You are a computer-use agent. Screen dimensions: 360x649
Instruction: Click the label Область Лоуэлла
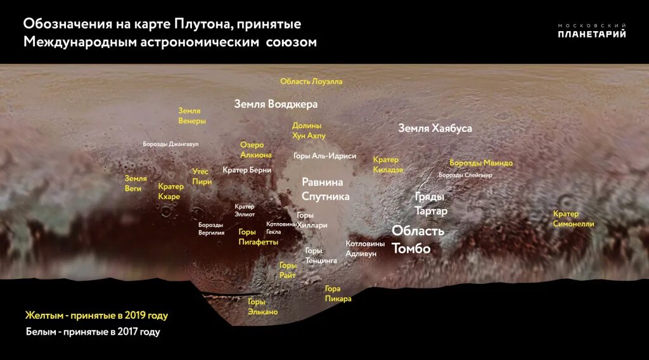pos(311,82)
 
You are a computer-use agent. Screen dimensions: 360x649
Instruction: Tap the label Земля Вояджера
pos(276,104)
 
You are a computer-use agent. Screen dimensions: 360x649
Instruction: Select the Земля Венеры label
pos(191,115)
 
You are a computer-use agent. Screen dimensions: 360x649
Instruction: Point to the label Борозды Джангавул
pos(170,145)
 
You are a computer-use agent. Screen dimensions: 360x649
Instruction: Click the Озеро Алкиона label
pos(256,150)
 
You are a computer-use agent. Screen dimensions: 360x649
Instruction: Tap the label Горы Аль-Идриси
pos(325,156)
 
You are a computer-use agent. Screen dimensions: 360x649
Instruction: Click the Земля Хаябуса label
pos(435,128)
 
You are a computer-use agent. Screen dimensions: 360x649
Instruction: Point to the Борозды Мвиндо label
pos(481,163)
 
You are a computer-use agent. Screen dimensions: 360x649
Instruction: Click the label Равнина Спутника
pos(325,189)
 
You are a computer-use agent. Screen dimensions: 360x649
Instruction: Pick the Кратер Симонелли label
pos(574,219)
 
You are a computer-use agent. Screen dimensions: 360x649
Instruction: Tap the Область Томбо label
pos(418,240)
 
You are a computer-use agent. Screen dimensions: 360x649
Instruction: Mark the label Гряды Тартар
pos(431,203)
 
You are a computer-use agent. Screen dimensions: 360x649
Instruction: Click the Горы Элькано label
pos(262,307)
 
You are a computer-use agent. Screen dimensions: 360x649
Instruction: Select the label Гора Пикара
pos(338,294)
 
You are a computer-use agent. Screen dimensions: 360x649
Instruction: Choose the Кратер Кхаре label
pos(170,191)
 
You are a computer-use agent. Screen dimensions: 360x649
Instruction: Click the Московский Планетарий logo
pos(591,31)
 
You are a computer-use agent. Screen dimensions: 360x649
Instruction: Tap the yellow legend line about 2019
pos(96,316)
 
